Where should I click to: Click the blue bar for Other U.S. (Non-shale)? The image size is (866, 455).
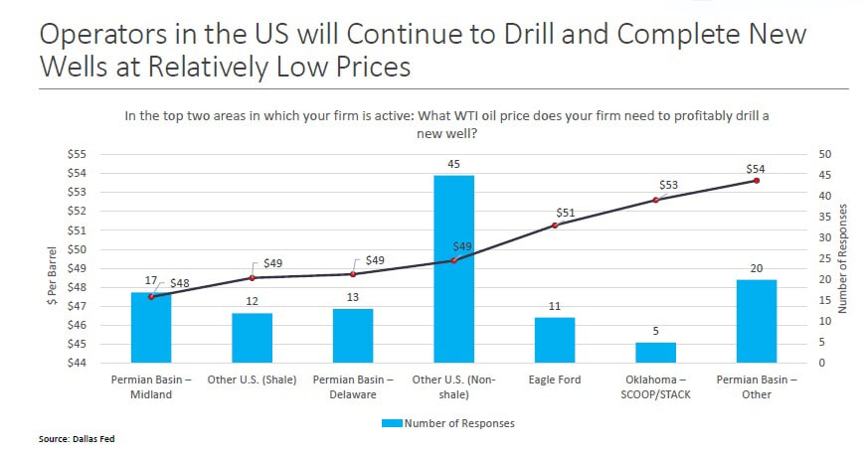(x=453, y=268)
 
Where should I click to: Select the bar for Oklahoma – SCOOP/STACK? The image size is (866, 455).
(x=655, y=353)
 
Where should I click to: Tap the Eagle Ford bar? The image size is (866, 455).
(x=555, y=340)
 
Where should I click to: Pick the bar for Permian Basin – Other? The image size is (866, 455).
(x=756, y=321)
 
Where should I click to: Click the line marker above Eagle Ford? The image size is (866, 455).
(x=555, y=226)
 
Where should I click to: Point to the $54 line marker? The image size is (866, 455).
(x=757, y=181)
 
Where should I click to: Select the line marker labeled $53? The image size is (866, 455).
(x=655, y=200)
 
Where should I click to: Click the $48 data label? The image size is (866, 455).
(x=179, y=283)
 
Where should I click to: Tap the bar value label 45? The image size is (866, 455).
(x=453, y=164)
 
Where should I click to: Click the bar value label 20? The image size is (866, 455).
(x=756, y=268)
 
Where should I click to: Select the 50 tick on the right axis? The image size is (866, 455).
(x=825, y=154)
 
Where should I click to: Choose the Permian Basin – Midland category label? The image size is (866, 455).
(x=151, y=387)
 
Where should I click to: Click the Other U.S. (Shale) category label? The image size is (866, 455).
(x=252, y=380)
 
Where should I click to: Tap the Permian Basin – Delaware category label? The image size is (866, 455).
(x=353, y=387)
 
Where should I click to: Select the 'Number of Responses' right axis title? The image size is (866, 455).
(x=844, y=258)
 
